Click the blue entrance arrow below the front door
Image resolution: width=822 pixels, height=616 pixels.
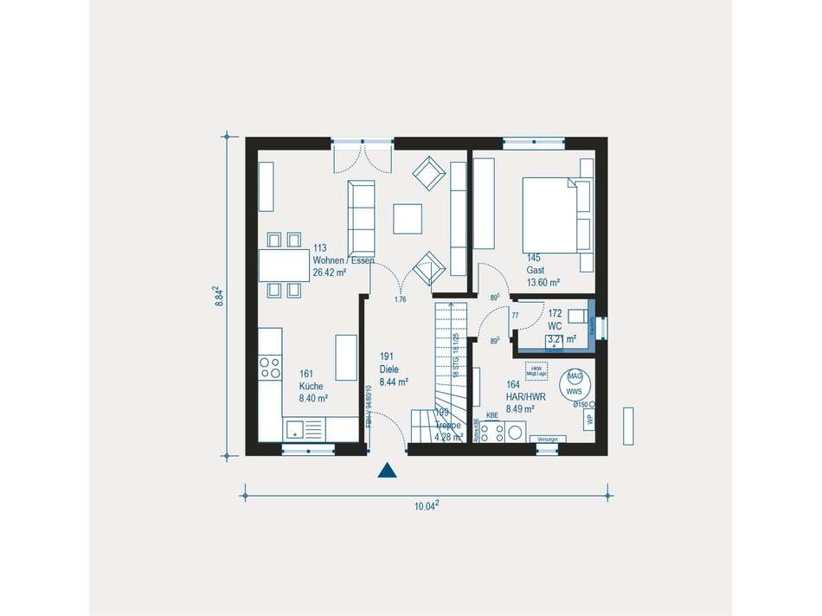pyautogui.click(x=388, y=471)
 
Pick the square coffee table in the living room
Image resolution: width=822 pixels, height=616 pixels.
pyautogui.click(x=408, y=218)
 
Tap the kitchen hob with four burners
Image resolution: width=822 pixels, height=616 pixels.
pyautogui.click(x=270, y=368)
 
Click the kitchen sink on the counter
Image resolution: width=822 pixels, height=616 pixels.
pyautogui.click(x=296, y=427)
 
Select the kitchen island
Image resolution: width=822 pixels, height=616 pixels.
pyautogui.click(x=346, y=356)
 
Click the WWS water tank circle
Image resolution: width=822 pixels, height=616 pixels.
pyautogui.click(x=574, y=383)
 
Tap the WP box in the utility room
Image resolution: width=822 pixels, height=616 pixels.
pyautogui.click(x=590, y=419)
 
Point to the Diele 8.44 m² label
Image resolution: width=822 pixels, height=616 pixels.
pyautogui.click(x=394, y=369)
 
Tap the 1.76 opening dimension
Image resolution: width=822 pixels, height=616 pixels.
pyautogui.click(x=400, y=300)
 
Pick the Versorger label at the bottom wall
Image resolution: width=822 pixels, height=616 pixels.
pyautogui.click(x=547, y=440)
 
